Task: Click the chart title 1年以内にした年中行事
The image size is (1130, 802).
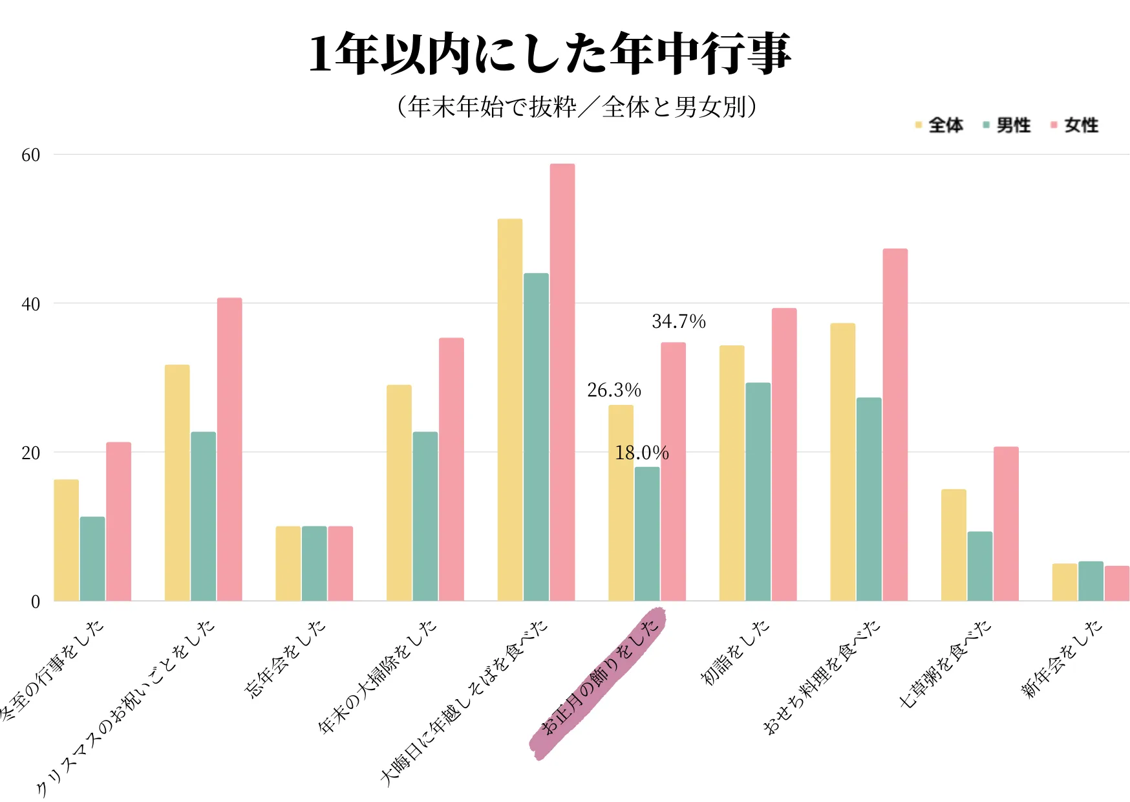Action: coord(550,54)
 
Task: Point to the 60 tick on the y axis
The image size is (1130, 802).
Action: coord(30,155)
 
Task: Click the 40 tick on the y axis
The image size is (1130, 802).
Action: coord(30,304)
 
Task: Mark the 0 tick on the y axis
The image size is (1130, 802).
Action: coord(36,602)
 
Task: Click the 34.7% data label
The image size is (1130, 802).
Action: coord(678,321)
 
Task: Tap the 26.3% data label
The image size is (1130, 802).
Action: coord(613,390)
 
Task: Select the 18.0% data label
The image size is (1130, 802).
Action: coord(641,453)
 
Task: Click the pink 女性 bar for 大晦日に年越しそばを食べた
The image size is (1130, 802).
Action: coord(562,382)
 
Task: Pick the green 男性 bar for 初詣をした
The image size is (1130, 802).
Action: coord(758,492)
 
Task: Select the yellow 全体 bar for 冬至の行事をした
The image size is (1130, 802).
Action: coord(66,540)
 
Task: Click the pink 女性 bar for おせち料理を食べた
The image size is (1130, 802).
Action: coord(895,424)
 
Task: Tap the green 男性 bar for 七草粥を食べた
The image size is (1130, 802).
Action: coord(979,566)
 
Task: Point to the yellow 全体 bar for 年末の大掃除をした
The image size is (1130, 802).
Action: coord(399,493)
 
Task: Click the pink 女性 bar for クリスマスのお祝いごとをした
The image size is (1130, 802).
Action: coord(229,449)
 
